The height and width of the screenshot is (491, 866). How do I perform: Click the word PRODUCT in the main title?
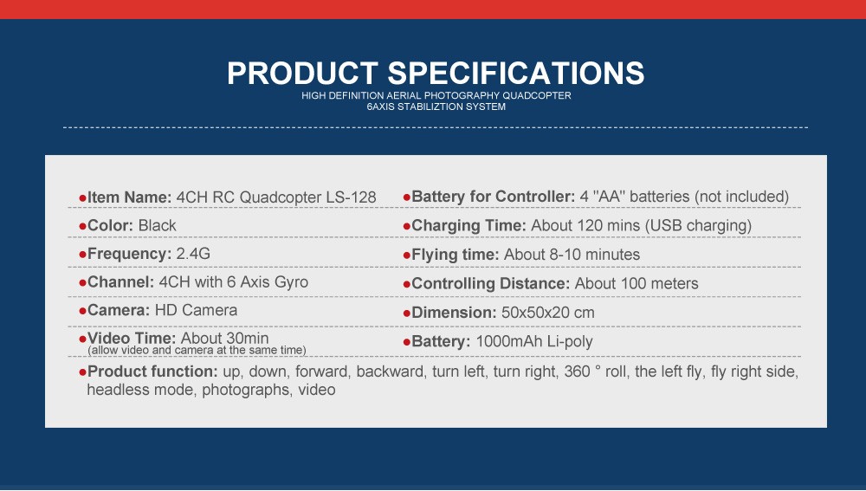tap(302, 73)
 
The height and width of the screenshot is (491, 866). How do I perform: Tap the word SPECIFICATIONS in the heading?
tap(516, 73)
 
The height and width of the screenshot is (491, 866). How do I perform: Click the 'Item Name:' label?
tap(130, 197)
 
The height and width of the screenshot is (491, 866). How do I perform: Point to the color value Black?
tap(158, 225)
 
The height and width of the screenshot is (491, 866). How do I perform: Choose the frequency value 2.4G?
tap(193, 254)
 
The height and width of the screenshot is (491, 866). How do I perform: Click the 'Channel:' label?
tap(121, 281)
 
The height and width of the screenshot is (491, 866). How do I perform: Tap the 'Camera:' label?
tap(119, 310)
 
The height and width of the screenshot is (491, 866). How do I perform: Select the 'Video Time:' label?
tap(132, 338)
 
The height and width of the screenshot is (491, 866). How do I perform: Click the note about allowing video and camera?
tap(197, 350)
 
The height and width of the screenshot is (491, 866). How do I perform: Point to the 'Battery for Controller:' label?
tap(494, 197)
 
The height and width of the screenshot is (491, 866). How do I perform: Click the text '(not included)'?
tap(742, 197)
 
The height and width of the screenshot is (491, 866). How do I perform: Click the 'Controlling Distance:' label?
tap(490, 283)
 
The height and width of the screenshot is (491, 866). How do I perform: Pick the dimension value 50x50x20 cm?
tap(548, 313)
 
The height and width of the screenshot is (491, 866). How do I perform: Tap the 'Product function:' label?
tap(152, 371)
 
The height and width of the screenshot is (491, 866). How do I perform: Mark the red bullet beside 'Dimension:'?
tap(407, 313)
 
